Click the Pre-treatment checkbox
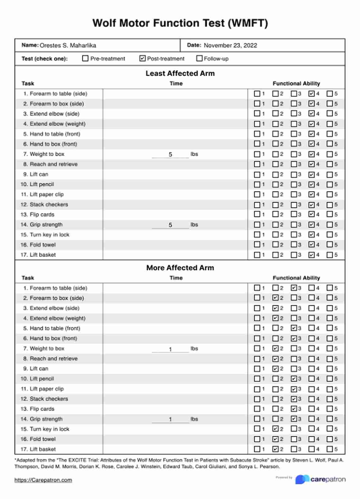point(85,58)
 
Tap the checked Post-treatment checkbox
point(142,58)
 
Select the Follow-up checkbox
point(199,58)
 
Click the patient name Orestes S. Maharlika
point(68,45)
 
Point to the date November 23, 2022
point(230,45)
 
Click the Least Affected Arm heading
point(180,73)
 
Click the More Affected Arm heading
point(180,268)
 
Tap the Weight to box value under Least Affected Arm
point(171,155)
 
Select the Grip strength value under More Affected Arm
point(171,419)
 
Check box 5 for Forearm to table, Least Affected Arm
point(329,94)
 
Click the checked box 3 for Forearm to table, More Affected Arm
point(294,288)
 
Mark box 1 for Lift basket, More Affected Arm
point(257,449)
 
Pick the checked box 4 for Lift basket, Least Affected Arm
point(312,255)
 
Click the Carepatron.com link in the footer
point(43,480)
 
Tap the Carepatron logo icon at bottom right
point(302,479)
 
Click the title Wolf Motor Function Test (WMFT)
point(180,23)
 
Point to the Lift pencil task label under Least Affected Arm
point(42,184)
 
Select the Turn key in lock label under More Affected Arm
point(49,429)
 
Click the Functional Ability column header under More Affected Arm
point(296,278)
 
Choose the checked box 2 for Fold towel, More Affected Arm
point(276,439)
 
